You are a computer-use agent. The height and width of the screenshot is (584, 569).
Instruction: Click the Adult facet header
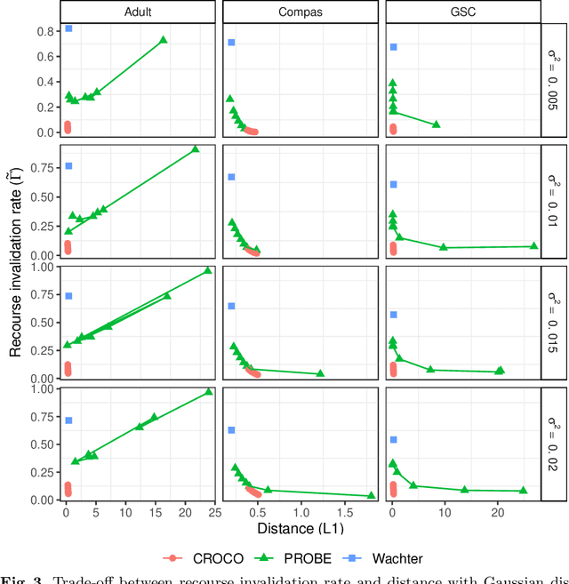[x=138, y=12]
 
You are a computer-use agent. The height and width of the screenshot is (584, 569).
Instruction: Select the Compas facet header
[x=301, y=12]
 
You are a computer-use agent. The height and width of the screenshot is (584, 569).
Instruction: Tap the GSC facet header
[x=463, y=12]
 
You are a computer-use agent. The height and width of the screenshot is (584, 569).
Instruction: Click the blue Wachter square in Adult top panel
[x=68, y=28]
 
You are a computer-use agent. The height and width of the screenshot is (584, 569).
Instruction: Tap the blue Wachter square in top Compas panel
[x=231, y=43]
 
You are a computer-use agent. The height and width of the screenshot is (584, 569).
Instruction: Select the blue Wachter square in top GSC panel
[x=394, y=47]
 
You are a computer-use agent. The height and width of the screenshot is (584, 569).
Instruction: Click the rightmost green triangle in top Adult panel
[x=163, y=40]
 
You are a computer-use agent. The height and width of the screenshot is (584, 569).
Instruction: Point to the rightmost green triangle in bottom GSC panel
[x=523, y=491]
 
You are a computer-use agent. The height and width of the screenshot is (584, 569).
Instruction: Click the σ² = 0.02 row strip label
[x=556, y=444]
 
